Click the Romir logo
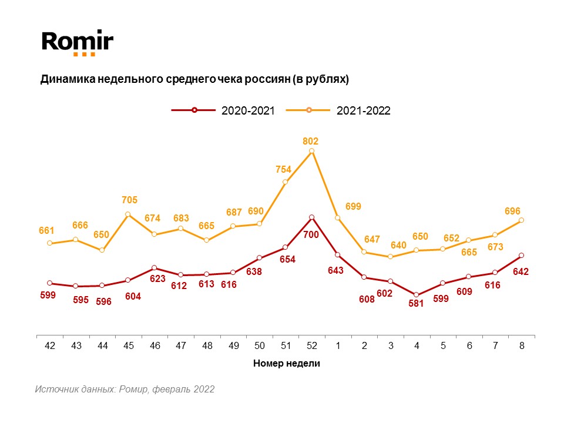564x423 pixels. click(77, 42)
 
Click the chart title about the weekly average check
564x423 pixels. click(194, 79)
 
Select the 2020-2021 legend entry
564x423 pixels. click(223, 110)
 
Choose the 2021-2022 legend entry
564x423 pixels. click(338, 110)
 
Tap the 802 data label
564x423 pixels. click(311, 141)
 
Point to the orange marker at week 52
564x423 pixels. click(311, 151)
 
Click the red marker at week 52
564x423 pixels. click(311, 217)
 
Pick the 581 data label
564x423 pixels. click(417, 305)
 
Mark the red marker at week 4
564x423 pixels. click(417, 295)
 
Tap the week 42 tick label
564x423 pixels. click(49, 346)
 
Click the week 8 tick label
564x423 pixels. click(521, 346)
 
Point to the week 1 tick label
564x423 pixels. click(338, 346)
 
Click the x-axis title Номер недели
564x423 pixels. click(286, 364)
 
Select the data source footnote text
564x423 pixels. click(125, 390)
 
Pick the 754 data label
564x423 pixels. click(284, 170)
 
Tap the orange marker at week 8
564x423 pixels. click(521, 220)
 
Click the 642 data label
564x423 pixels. click(521, 272)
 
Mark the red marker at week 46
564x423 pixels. click(154, 268)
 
